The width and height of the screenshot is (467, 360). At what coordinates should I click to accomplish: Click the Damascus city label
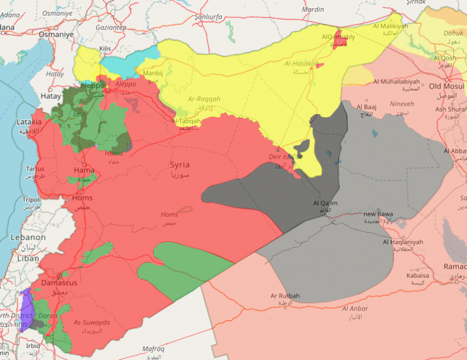point(59,283)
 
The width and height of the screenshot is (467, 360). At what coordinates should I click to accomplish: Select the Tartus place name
point(35,169)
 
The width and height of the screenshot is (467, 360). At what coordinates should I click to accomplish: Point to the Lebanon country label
point(28,238)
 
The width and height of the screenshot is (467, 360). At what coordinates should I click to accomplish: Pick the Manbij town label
point(153,73)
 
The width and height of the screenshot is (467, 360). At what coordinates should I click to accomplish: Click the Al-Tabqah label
point(187,120)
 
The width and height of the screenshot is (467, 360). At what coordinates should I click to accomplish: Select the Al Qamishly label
point(338,38)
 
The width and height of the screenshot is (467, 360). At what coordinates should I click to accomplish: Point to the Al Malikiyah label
point(390,26)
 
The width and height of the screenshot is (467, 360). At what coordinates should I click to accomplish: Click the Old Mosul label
point(446,86)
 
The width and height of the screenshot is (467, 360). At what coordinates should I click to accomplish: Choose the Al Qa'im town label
point(325,203)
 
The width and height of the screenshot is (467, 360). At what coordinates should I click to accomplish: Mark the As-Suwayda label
point(92,322)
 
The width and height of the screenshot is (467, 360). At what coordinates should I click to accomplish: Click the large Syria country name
point(179,165)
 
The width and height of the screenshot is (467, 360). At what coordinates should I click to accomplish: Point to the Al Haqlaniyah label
point(403,242)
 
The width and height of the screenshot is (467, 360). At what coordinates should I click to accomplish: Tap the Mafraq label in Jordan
point(153,349)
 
